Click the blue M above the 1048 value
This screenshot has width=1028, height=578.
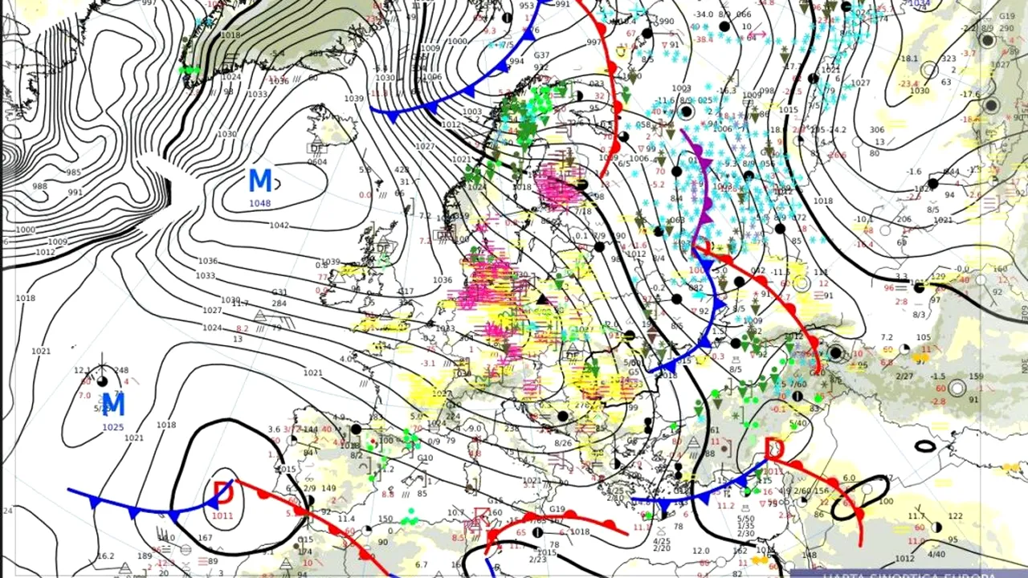pyautogui.click(x=260, y=181)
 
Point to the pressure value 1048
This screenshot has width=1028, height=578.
pyautogui.click(x=259, y=203)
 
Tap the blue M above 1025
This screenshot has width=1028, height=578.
pyautogui.click(x=113, y=404)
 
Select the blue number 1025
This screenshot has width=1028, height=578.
pyautogui.click(x=112, y=427)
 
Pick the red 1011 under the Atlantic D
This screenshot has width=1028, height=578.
pyautogui.click(x=222, y=515)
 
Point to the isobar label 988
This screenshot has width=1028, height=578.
pyautogui.click(x=39, y=186)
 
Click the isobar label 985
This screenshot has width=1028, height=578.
pyautogui.click(x=74, y=173)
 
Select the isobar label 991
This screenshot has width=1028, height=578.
pyautogui.click(x=75, y=193)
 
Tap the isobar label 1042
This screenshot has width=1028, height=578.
pyautogui.click(x=279, y=226)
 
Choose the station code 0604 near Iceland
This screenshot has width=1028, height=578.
pyautogui.click(x=317, y=161)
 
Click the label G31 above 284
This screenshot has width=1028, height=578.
pyautogui.click(x=279, y=292)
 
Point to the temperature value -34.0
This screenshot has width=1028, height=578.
pyautogui.click(x=704, y=14)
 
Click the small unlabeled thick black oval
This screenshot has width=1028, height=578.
pyautogui.click(x=925, y=446)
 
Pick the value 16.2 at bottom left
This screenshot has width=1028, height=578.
pyautogui.click(x=105, y=556)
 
